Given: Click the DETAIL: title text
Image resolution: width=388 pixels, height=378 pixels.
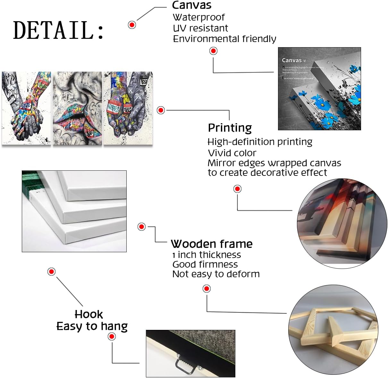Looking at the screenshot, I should click(58, 30).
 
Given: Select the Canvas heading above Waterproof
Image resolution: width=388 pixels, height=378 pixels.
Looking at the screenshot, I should click(192, 5).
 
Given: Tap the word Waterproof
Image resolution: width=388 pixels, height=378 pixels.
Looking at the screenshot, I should click(199, 17).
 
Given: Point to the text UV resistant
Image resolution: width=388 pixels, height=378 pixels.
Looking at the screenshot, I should click(200, 28).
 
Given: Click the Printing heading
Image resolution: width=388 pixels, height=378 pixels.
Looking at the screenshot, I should click(230, 128).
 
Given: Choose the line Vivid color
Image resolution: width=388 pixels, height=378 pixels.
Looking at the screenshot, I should click(232, 153).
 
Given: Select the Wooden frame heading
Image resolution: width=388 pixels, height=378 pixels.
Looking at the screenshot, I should click(212, 244).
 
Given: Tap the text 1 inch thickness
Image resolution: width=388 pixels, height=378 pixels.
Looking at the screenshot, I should click(207, 255).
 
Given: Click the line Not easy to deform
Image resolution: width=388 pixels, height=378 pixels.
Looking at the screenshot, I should click(216, 274).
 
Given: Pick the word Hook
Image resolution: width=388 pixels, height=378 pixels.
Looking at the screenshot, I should click(89, 314).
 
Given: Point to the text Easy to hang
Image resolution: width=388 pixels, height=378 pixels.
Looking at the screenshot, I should click(92, 326).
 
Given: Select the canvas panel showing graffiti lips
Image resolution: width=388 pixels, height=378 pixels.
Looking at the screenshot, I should click(77, 108).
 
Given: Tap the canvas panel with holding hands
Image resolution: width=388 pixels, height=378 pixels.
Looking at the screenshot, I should click(26, 108).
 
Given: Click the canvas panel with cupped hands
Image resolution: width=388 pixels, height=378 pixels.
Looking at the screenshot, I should click(128, 108).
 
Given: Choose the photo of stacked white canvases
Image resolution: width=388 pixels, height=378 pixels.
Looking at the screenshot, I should click(74, 211).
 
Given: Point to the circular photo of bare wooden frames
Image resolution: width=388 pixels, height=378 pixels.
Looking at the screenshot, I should click(333, 330).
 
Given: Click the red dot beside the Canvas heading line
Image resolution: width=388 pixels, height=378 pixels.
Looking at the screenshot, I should click(132, 25).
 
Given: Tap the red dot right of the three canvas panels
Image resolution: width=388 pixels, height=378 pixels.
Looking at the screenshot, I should click(161, 110).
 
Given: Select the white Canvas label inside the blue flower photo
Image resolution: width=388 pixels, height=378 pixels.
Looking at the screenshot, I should click(292, 60).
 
